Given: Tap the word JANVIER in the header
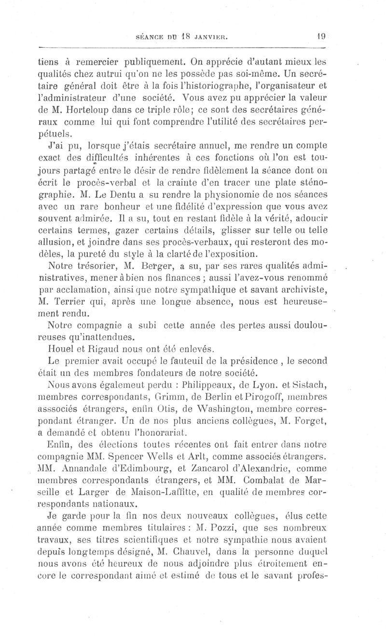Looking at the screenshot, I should click(x=208, y=35).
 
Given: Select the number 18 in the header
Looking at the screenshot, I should click(x=182, y=35).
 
